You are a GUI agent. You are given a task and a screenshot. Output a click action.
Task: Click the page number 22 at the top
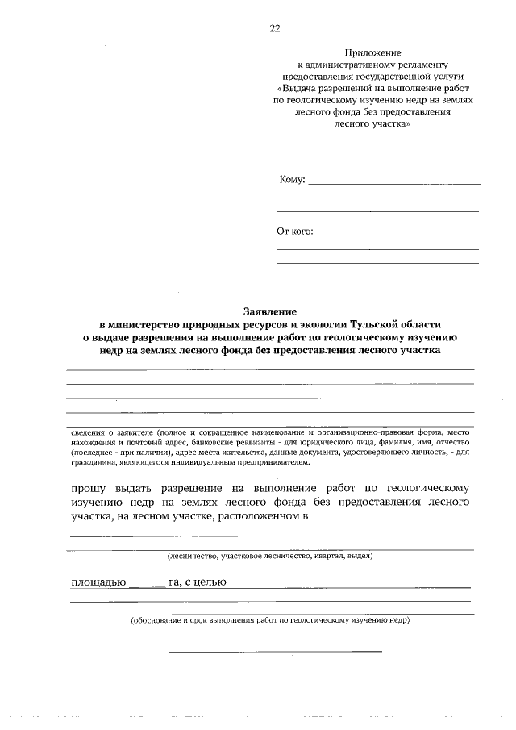[x=275, y=29]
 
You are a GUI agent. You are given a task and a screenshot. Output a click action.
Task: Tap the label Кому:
[x=291, y=180]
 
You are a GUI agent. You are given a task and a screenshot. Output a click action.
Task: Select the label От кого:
[x=294, y=232]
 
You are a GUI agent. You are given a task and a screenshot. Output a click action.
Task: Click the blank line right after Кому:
[x=394, y=183]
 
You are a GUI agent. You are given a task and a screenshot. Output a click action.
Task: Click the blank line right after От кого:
[x=397, y=235]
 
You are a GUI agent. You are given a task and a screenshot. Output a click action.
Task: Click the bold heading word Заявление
[x=270, y=311]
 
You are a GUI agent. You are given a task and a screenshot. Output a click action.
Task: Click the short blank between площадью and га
[x=146, y=586]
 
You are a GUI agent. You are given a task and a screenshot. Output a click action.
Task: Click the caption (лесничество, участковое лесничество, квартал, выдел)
[x=269, y=556]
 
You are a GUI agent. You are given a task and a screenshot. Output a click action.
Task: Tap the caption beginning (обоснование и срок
[x=269, y=621]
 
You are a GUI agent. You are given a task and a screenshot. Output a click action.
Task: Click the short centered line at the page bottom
[x=275, y=650]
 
